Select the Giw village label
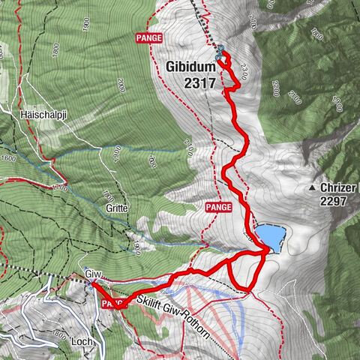[93, 274]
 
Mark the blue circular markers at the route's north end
[219, 52]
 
